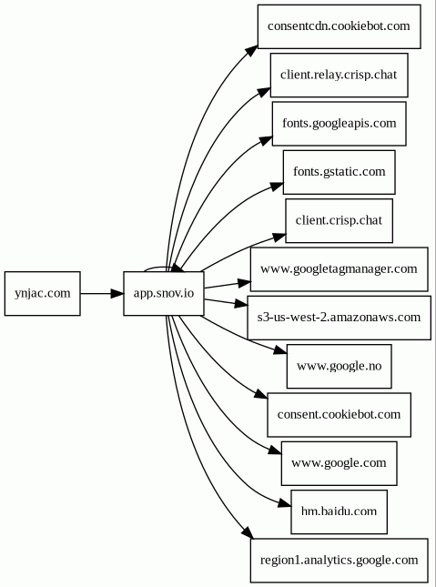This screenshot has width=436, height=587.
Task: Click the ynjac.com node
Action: coord(43,293)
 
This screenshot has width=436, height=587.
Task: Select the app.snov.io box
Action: coord(164,293)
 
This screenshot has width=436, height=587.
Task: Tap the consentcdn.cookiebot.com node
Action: coord(339,26)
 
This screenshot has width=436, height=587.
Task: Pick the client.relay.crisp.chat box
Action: coord(339,75)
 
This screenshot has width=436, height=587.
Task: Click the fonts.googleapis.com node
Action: coord(339,124)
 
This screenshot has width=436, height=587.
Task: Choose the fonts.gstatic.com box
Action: coord(339,172)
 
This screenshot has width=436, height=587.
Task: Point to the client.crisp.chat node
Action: coord(339,221)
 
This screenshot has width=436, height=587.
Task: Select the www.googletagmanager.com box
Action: coord(339,269)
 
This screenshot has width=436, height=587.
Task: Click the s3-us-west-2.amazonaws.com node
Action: coord(339,318)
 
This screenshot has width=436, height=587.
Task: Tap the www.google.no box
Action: coord(339,366)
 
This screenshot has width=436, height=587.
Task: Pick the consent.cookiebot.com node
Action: coord(339,415)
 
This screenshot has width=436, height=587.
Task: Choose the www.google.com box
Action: coord(339,463)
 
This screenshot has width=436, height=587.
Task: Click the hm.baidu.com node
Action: coord(339,511)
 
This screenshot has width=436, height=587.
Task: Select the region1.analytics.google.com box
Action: coord(339,561)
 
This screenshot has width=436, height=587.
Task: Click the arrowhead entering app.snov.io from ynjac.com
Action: coord(117,293)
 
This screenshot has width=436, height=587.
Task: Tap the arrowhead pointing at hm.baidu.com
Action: coord(285,503)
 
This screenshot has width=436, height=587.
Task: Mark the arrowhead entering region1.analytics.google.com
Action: coord(248,533)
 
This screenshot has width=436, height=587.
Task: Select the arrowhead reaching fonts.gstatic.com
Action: coord(277,187)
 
